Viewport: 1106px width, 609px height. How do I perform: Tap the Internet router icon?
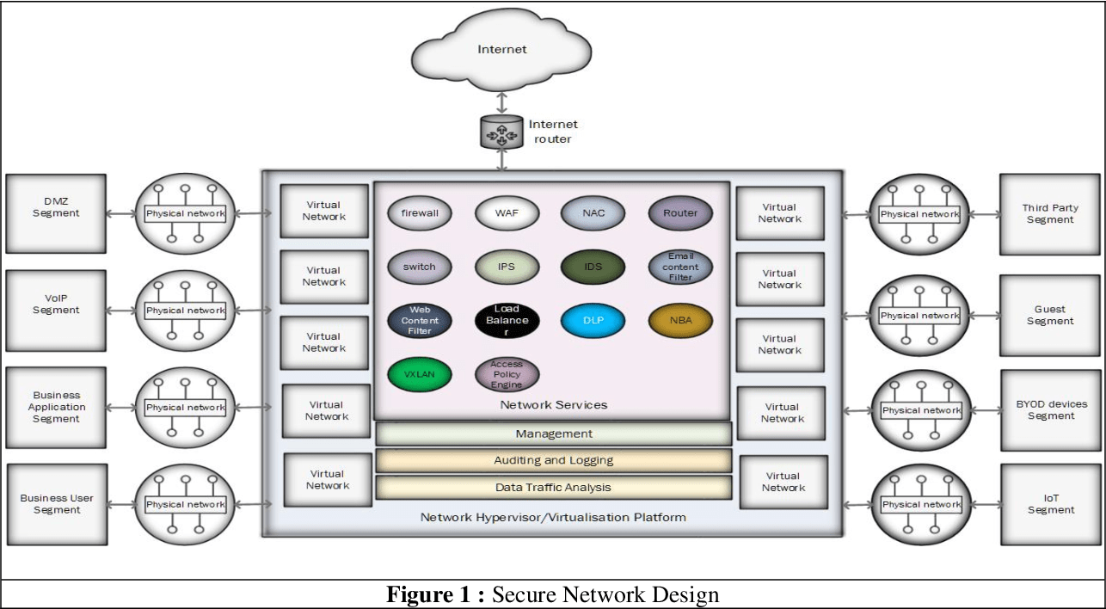click(501, 132)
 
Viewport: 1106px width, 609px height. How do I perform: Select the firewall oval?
click(420, 213)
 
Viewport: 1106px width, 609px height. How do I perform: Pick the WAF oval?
click(507, 213)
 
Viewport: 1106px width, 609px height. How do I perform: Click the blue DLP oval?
click(594, 321)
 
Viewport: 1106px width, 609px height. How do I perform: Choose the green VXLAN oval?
click(420, 375)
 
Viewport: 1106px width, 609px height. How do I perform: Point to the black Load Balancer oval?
click(507, 321)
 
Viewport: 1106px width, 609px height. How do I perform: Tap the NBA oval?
click(680, 321)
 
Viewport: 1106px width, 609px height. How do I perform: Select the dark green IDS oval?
click(594, 267)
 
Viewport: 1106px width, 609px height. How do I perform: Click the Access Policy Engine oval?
click(507, 375)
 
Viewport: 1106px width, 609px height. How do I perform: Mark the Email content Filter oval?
click(680, 267)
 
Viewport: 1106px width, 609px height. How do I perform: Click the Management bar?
click(554, 434)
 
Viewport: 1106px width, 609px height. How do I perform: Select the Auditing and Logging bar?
click(554, 460)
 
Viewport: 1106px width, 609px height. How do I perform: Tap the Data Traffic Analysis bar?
click(554, 488)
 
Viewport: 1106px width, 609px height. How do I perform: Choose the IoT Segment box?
click(1050, 504)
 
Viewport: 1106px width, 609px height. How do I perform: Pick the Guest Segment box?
click(1050, 315)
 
